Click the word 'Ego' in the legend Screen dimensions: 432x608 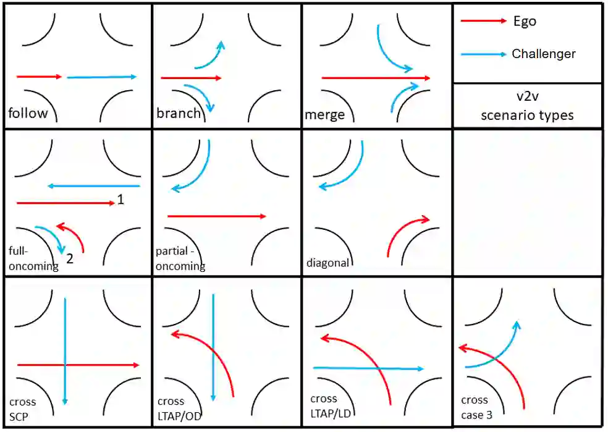[x=524, y=22]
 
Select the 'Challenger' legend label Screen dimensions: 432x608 [x=543, y=54]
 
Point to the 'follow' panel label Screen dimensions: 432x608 [x=27, y=114]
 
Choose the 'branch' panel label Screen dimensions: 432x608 [x=178, y=113]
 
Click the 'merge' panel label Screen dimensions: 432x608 [x=324, y=115]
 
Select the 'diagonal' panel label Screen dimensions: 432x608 [x=327, y=263]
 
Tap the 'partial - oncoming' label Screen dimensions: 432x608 [x=180, y=260]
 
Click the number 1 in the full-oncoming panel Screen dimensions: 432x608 [x=120, y=200]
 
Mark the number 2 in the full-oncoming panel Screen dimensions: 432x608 [x=70, y=259]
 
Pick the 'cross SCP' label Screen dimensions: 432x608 [x=22, y=409]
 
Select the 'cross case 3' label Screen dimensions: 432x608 [x=476, y=407]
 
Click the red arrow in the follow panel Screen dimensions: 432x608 [x=39, y=77]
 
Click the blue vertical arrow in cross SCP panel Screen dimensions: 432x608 [x=65, y=334]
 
